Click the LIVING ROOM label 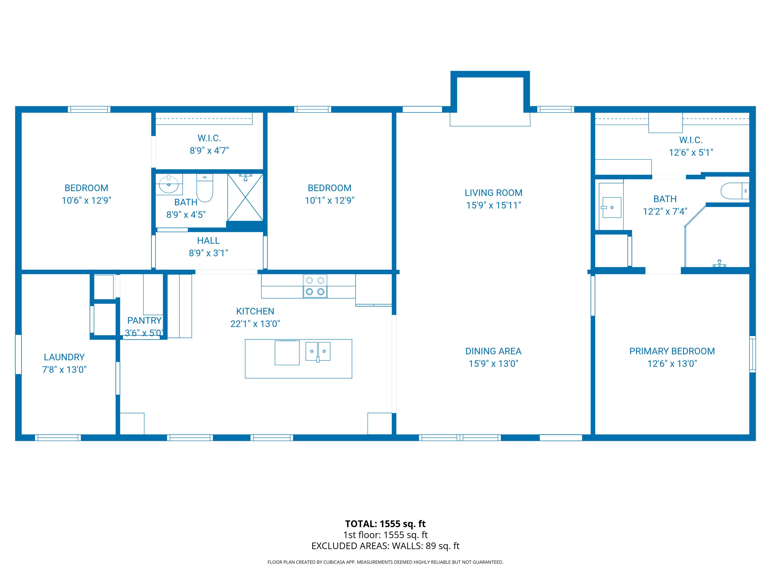pyautogui.click(x=493, y=193)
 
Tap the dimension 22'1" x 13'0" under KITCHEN pyautogui.click(x=255, y=324)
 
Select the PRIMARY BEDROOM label pyautogui.click(x=672, y=351)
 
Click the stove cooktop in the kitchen pyautogui.click(x=315, y=286)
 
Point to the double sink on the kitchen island pyautogui.click(x=318, y=351)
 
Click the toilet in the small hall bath pyautogui.click(x=205, y=188)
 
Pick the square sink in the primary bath pyautogui.click(x=612, y=207)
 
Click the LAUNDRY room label pyautogui.click(x=64, y=357)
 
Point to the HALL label pyautogui.click(x=208, y=240)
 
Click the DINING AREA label pyautogui.click(x=493, y=351)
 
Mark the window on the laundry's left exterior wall pyautogui.click(x=19, y=354)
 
